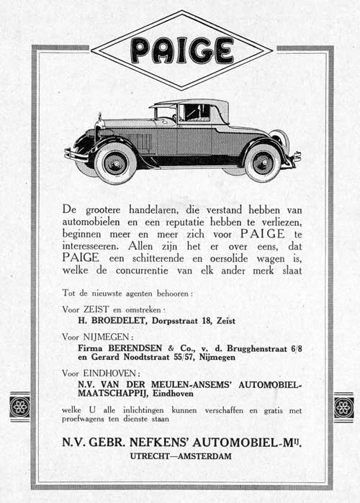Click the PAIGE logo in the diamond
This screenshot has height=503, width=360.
[x=181, y=50]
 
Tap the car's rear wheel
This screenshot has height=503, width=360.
[x=263, y=162]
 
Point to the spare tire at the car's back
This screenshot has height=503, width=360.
[x=282, y=142]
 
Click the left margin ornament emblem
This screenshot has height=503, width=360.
[x=19, y=407]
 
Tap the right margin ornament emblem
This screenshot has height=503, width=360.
[x=343, y=407]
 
